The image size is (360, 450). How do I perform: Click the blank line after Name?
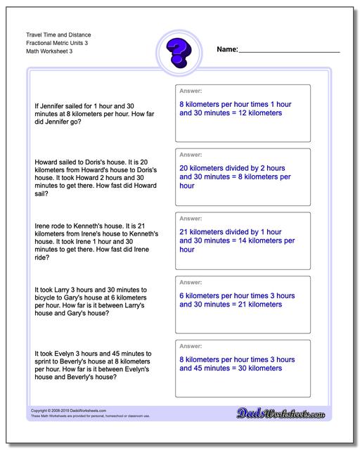coord(289,51)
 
